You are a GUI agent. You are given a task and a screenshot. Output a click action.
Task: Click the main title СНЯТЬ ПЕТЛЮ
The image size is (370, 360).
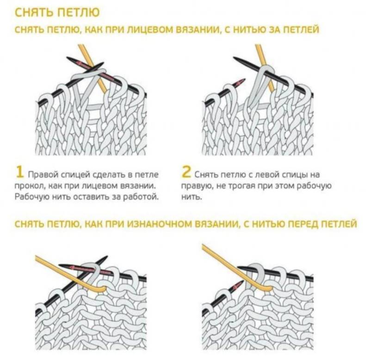[57, 12]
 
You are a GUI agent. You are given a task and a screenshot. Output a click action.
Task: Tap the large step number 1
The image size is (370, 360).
[20, 172]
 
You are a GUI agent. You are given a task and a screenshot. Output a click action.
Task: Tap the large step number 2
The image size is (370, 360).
[186, 172]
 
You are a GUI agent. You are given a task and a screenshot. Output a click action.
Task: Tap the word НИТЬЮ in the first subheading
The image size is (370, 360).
[250, 30]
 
